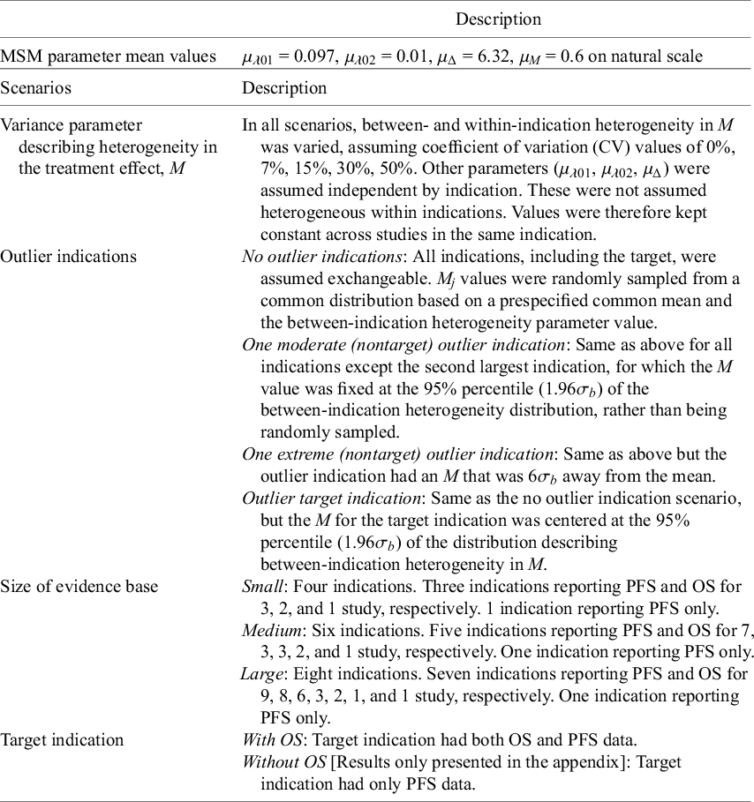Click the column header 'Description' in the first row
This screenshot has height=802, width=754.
click(498, 19)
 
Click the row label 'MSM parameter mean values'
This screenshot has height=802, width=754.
click(109, 56)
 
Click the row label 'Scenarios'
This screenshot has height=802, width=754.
click(36, 88)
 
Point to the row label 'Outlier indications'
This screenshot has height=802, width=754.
click(69, 257)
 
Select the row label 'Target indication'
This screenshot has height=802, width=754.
click(62, 739)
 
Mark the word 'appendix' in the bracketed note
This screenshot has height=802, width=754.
click(554, 761)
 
